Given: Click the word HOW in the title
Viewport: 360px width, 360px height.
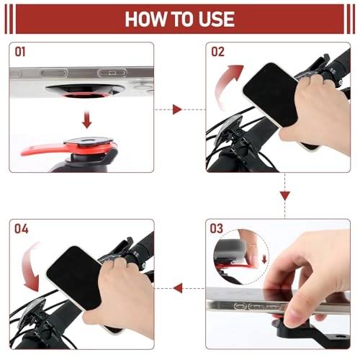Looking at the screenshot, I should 145,18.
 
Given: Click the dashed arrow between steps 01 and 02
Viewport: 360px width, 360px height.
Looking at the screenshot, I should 180,109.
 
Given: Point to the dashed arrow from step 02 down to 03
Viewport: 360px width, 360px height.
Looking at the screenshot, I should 284,194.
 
